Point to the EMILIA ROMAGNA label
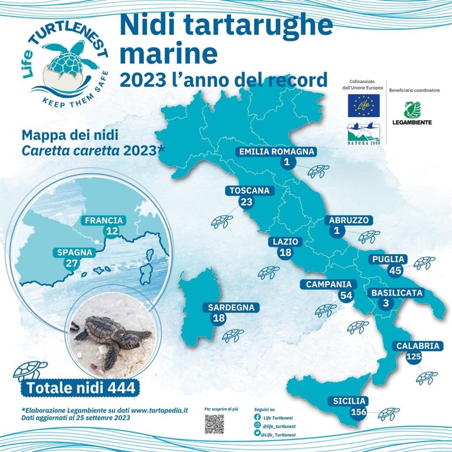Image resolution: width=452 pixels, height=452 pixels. click(x=277, y=152)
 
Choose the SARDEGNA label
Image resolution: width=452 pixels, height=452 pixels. click(x=231, y=307)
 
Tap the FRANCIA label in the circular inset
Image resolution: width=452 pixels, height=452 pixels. click(x=104, y=221)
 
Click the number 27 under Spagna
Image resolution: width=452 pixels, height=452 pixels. click(x=72, y=263)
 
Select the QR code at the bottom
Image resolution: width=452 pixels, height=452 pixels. click(x=214, y=424)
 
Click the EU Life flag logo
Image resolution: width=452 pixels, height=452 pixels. click(x=363, y=104)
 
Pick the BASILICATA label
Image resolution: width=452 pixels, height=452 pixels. click(x=397, y=293)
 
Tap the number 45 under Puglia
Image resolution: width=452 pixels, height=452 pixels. click(x=395, y=270)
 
